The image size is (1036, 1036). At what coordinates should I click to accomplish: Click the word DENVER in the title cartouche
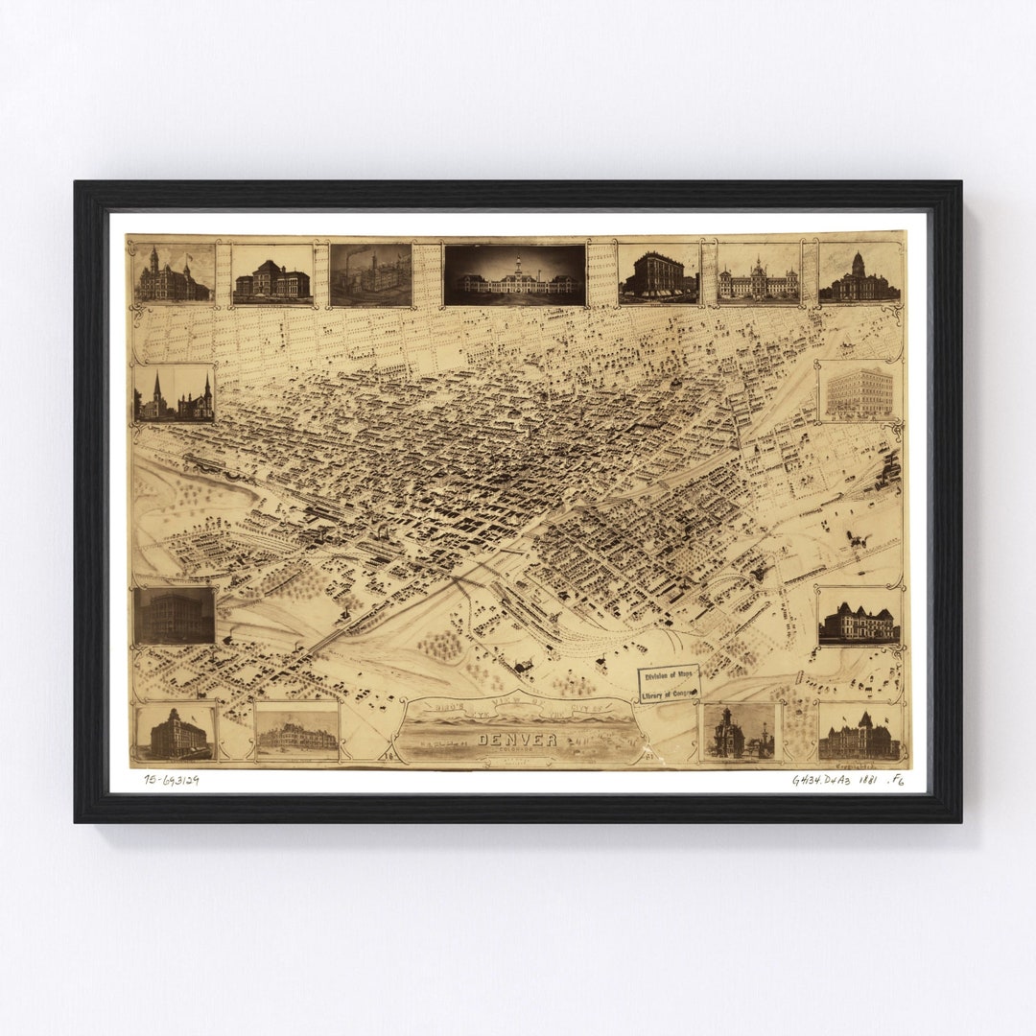click(518, 739)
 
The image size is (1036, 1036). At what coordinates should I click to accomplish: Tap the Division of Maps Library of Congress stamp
click(669, 683)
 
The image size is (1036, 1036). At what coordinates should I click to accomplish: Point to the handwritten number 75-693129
click(172, 780)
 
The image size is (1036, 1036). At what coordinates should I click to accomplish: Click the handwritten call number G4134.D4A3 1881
click(835, 780)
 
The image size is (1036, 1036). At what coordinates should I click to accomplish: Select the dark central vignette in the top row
click(515, 275)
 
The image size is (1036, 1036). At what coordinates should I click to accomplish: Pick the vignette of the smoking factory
click(371, 274)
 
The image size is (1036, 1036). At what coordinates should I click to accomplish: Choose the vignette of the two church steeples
click(175, 393)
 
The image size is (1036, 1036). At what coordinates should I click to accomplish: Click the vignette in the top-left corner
click(174, 274)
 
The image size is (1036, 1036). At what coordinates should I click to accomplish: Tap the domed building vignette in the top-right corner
click(859, 275)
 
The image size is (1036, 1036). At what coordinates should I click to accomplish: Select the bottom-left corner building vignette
click(174, 734)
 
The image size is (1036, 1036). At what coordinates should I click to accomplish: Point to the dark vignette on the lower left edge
click(175, 616)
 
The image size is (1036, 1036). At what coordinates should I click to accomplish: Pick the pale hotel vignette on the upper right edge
click(859, 391)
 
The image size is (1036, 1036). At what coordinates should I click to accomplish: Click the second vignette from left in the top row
click(272, 275)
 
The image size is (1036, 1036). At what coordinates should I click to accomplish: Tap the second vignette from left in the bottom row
click(297, 732)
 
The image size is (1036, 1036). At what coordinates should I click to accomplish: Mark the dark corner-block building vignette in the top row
click(659, 275)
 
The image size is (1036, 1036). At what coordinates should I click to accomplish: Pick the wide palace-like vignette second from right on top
click(758, 275)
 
